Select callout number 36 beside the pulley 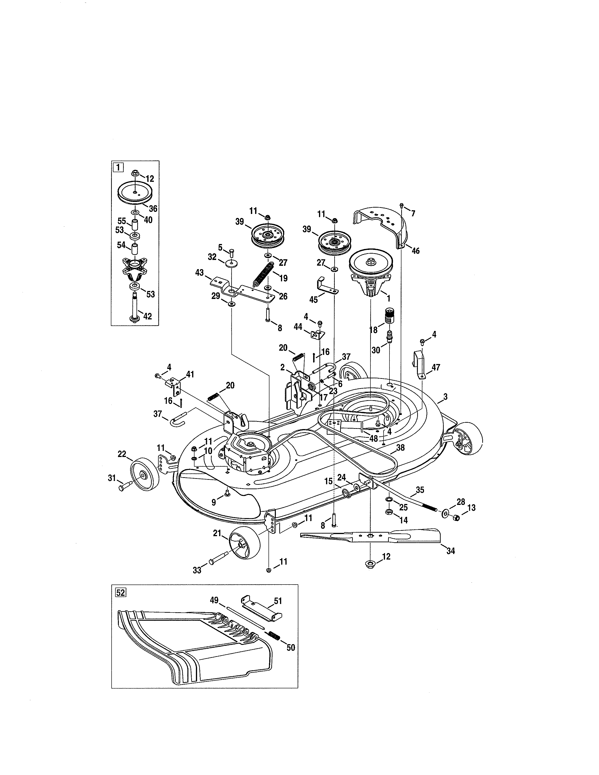[x=153, y=208]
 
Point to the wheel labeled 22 [x=144, y=475]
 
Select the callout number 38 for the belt [x=400, y=448]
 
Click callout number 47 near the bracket [x=436, y=367]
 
